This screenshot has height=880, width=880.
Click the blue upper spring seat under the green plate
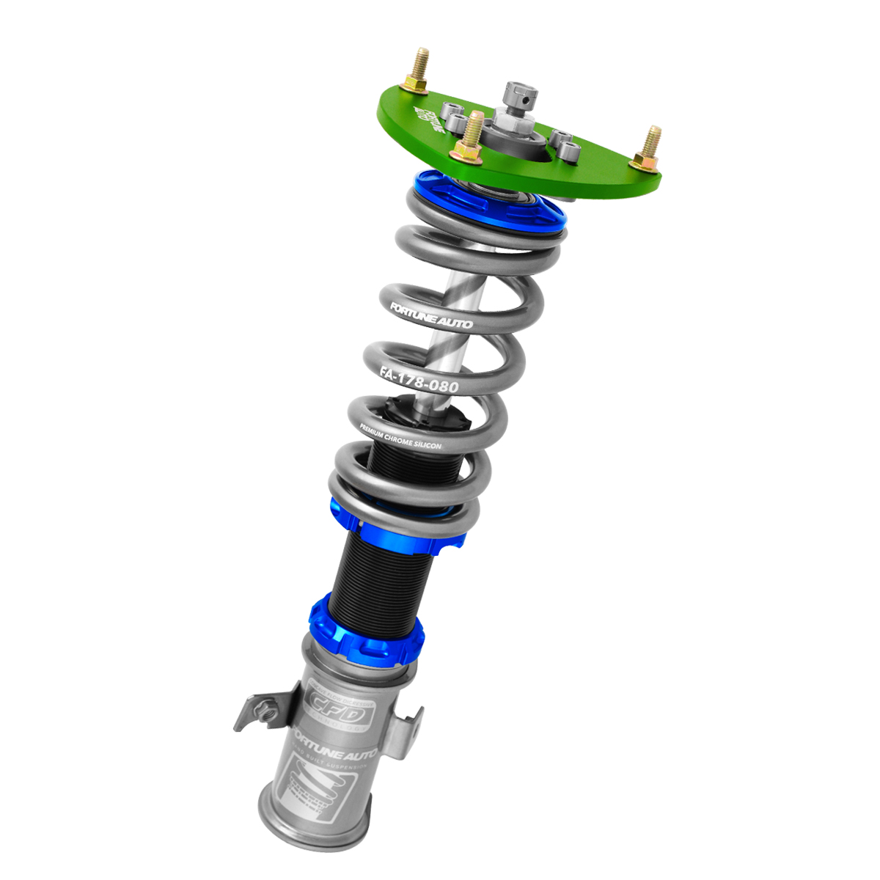tap(489, 205)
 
